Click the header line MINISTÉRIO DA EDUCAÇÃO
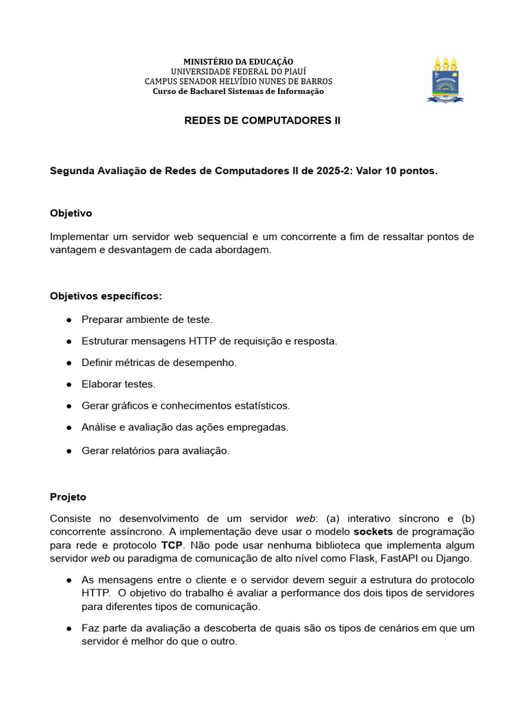238,62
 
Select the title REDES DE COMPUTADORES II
262,121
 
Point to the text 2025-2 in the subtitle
335,171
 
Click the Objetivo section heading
71,213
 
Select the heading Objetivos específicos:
106,296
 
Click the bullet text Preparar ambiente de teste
147,319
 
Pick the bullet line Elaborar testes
118,384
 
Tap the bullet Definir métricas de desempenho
159,363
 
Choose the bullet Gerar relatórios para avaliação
155,450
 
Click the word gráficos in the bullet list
126,406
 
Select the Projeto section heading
68,496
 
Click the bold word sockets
373,532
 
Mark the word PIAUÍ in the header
292,71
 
